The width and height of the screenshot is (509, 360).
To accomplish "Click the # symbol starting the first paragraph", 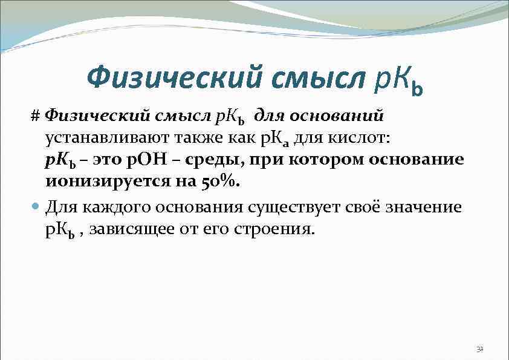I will point(36,114).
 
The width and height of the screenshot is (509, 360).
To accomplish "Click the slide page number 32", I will point(480,349).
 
